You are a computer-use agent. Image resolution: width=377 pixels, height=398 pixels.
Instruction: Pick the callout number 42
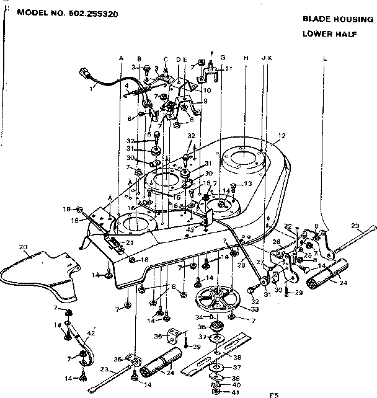click(91, 334)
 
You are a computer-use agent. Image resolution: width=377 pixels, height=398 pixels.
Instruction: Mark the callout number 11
click(228, 68)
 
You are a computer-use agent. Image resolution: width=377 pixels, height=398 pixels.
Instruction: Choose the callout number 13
click(247, 184)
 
